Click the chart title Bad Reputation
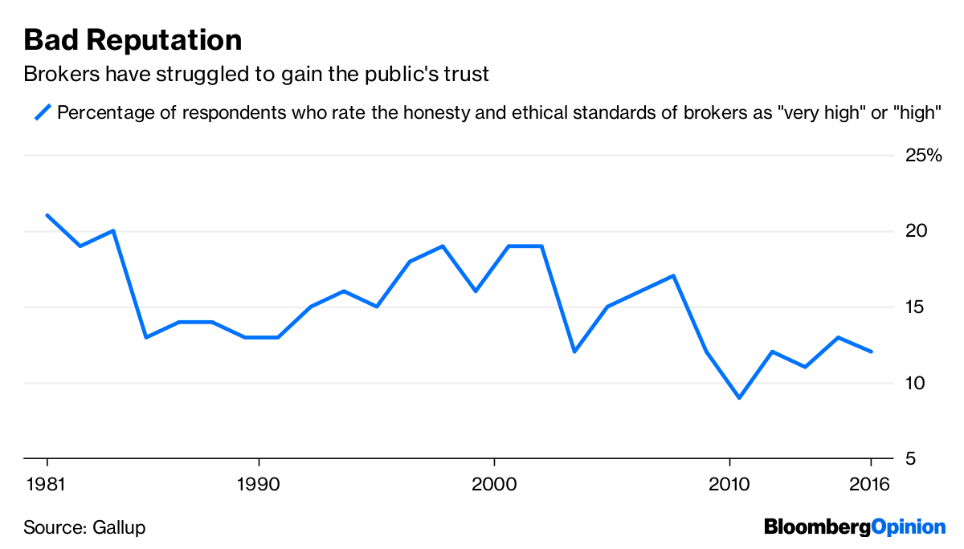pyautogui.click(x=133, y=40)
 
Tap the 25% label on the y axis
pyautogui.click(x=922, y=156)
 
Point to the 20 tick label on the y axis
pyautogui.click(x=915, y=231)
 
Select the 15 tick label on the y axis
pyautogui.click(x=915, y=307)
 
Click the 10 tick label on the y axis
pyautogui.click(x=915, y=383)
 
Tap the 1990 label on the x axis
pyautogui.click(x=259, y=486)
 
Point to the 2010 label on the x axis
pyautogui.click(x=729, y=486)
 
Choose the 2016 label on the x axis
pyautogui.click(x=870, y=486)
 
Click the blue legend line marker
pyautogui.click(x=43, y=112)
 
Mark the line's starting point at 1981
pyautogui.click(x=47, y=215)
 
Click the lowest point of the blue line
pyautogui.click(x=739, y=397)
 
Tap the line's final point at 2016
pyautogui.click(x=871, y=352)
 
